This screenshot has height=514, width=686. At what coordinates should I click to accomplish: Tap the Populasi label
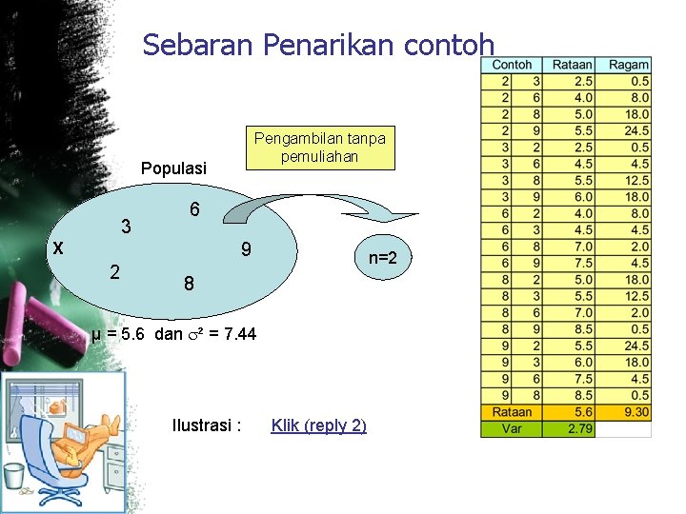(x=173, y=168)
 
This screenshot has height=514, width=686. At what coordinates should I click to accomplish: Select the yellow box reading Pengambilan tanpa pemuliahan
(x=319, y=148)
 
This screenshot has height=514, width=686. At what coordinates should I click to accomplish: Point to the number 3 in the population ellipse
(x=126, y=227)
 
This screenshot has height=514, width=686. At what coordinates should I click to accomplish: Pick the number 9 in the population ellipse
(x=246, y=251)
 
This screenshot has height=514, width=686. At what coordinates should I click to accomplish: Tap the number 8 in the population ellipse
(x=189, y=284)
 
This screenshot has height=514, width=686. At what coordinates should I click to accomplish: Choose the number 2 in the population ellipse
(x=115, y=271)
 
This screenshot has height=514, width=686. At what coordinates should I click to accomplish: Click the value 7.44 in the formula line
(x=237, y=335)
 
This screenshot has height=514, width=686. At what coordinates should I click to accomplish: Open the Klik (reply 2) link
(x=318, y=425)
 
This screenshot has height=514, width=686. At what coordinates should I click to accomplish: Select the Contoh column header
(x=513, y=65)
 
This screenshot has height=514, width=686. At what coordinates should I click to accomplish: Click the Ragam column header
(x=629, y=65)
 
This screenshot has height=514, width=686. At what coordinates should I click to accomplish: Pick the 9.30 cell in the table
(x=636, y=412)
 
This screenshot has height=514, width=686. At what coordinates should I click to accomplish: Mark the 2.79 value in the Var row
(x=581, y=428)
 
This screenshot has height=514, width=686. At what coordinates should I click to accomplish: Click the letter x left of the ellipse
(x=58, y=247)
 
